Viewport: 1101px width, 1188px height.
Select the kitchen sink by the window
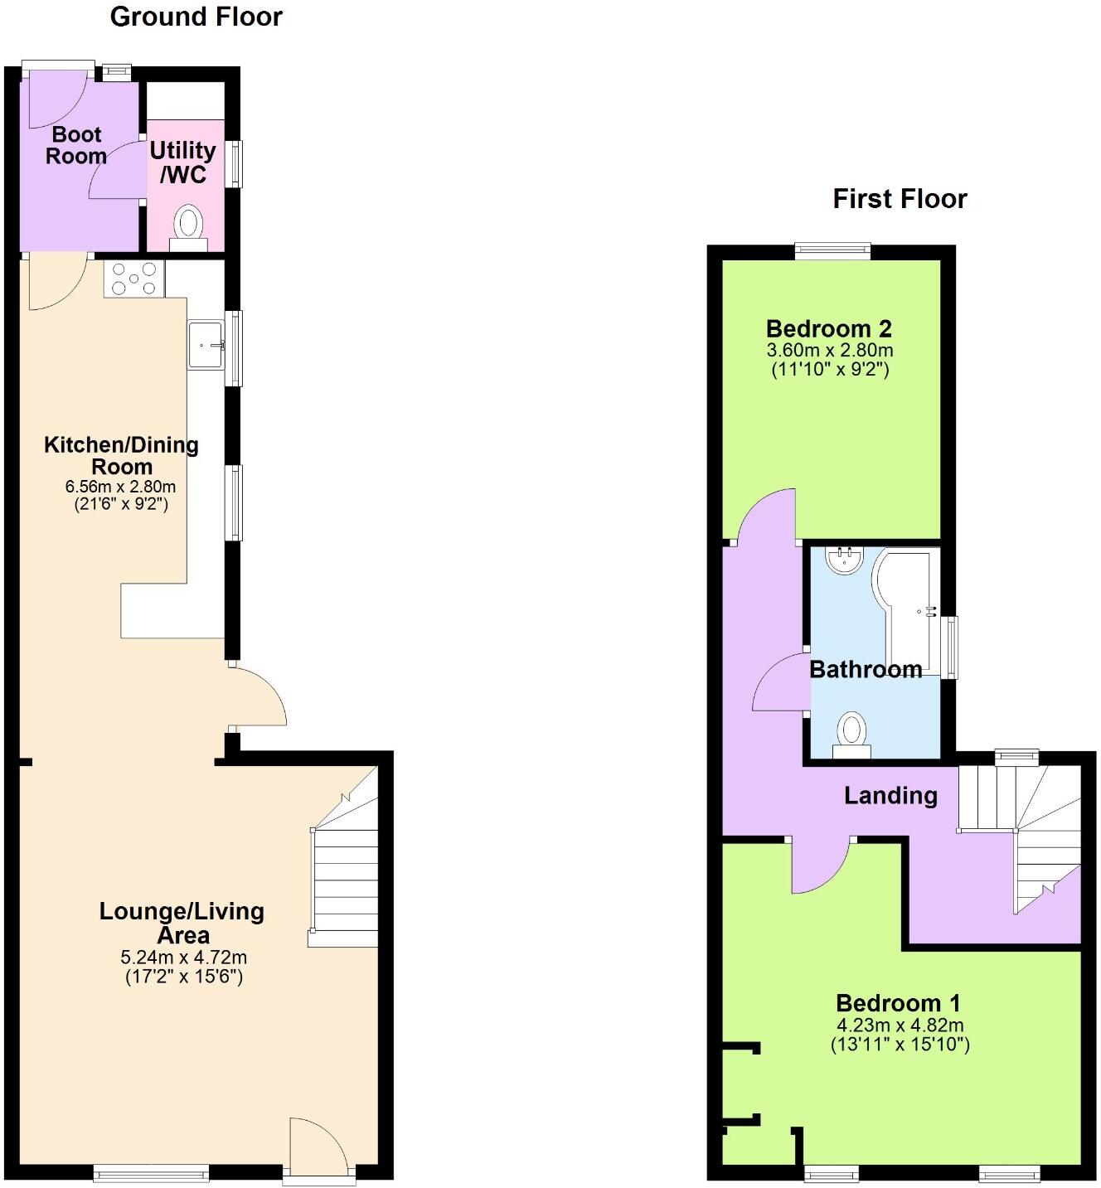(206, 344)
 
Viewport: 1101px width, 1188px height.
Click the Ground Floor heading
(196, 17)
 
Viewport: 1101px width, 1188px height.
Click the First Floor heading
(900, 199)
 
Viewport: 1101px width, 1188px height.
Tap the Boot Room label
(76, 145)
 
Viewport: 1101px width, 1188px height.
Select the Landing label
(890, 796)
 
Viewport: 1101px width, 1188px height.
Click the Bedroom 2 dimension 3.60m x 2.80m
(829, 351)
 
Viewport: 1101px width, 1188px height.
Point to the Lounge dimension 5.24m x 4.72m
(183, 958)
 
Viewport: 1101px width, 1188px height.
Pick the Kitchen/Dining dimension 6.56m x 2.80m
(121, 487)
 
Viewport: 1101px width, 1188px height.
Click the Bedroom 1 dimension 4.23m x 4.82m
(900, 1026)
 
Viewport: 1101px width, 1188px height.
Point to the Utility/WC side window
(236, 163)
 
